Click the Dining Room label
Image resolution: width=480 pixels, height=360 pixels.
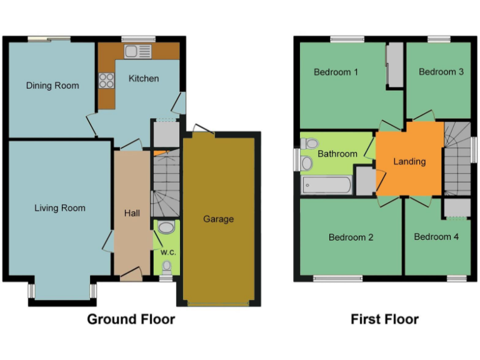tap(52, 85)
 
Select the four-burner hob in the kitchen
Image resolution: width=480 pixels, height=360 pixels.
tap(106, 81)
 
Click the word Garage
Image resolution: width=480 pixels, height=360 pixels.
tap(218, 219)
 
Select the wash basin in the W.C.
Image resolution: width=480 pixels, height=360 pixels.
tap(166, 227)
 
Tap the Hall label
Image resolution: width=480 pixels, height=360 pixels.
tap(132, 213)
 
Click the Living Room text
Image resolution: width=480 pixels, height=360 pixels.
tap(60, 207)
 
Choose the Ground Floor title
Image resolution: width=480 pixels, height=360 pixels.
tap(131, 319)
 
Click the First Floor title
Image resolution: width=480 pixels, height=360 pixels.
tap(384, 319)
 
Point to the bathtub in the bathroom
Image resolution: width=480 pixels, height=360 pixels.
tap(326, 185)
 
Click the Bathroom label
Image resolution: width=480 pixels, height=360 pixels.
tap(337, 154)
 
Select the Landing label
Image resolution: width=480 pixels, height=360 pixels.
tap(409, 161)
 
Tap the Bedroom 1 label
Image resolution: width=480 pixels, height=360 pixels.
tap(336, 72)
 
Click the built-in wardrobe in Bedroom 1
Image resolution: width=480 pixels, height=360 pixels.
tap(395, 66)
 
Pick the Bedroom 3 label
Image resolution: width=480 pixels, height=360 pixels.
tap(441, 72)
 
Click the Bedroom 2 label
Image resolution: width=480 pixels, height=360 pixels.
tap(351, 237)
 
